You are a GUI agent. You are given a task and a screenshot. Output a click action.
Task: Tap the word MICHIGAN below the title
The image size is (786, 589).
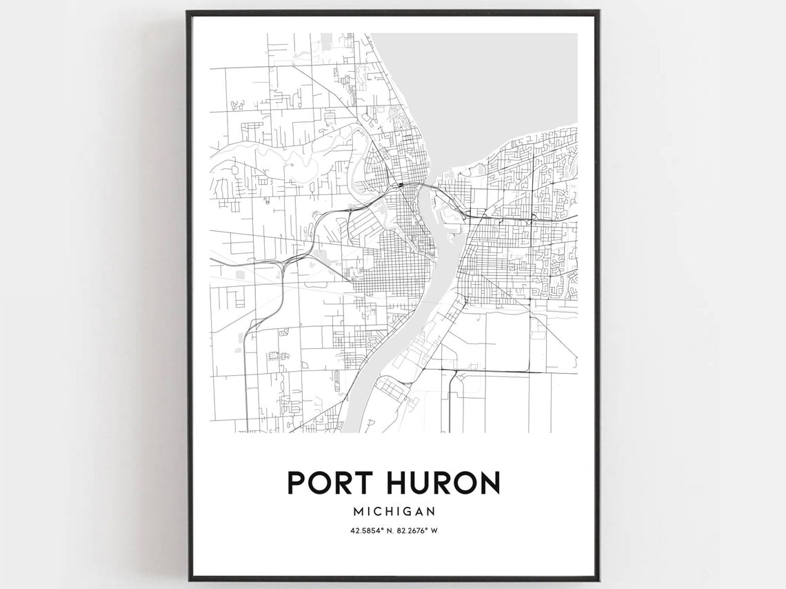click(x=394, y=512)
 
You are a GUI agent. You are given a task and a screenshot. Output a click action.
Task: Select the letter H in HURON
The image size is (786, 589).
click(x=399, y=483)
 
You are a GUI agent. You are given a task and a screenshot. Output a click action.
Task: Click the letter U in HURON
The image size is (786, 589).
click(x=423, y=483)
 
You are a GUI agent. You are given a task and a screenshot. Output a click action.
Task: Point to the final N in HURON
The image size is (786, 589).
click(x=489, y=483)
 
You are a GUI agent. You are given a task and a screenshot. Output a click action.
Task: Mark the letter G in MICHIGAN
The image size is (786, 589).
click(x=407, y=512)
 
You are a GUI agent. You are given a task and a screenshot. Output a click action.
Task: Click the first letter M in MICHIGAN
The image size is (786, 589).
click(x=357, y=512)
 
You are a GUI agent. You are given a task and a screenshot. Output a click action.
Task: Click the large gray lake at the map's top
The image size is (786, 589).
click(x=483, y=76)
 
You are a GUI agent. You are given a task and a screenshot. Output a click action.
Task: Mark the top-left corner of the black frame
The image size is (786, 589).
click(x=188, y=12)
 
